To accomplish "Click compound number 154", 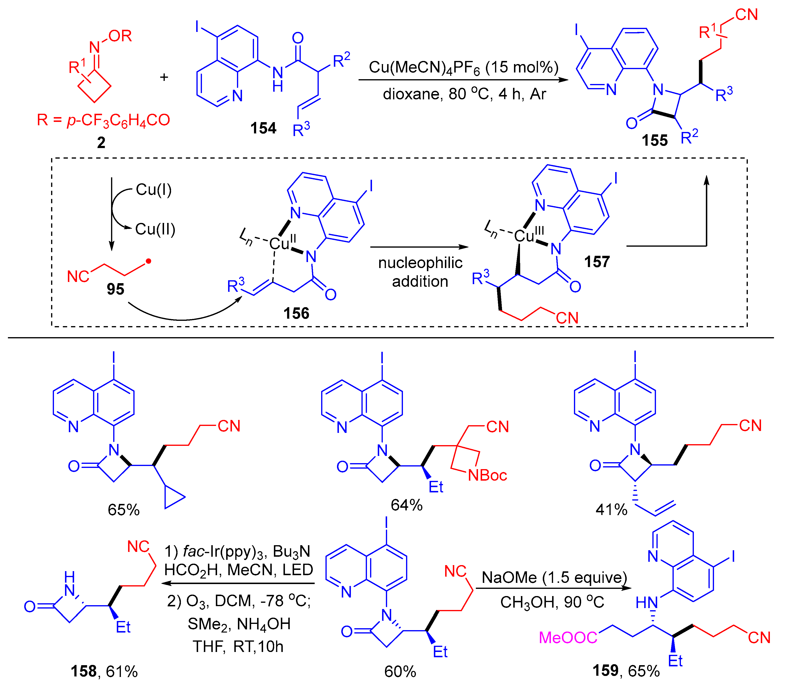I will (263, 128).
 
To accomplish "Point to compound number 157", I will (596, 262).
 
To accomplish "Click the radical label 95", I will (115, 289).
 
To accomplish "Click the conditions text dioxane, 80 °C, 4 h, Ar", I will (464, 94).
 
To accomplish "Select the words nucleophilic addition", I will (420, 272).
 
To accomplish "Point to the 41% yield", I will (611, 509).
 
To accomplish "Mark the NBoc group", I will (487, 475).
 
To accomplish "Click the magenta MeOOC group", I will (568, 638).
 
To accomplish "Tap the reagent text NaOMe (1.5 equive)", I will (554, 577).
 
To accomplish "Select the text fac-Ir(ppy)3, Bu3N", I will (237, 551).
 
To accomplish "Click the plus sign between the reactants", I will (164, 78).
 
